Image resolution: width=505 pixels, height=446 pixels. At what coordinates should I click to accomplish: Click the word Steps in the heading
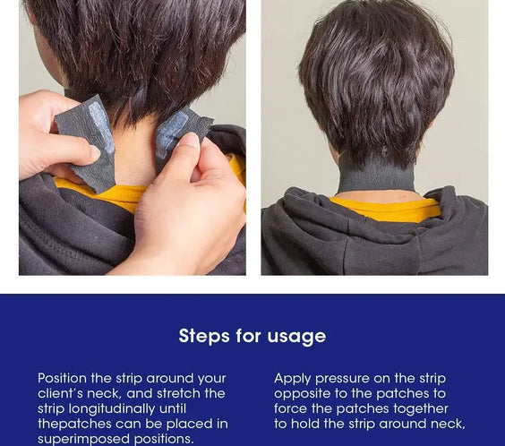tap(203, 337)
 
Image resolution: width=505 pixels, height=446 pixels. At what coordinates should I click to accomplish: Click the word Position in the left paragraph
tap(67, 379)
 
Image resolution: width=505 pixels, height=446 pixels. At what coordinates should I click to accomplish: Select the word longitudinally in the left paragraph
tap(114, 409)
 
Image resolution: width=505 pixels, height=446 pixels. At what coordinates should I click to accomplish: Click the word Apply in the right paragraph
tap(292, 379)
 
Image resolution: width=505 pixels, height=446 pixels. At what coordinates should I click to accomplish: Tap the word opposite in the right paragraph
tap(302, 394)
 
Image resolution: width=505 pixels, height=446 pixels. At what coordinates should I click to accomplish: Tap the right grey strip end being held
tap(179, 130)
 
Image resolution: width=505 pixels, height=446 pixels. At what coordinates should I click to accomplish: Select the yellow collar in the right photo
tap(386, 210)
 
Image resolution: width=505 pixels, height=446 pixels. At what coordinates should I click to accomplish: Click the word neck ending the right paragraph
tap(448, 425)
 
